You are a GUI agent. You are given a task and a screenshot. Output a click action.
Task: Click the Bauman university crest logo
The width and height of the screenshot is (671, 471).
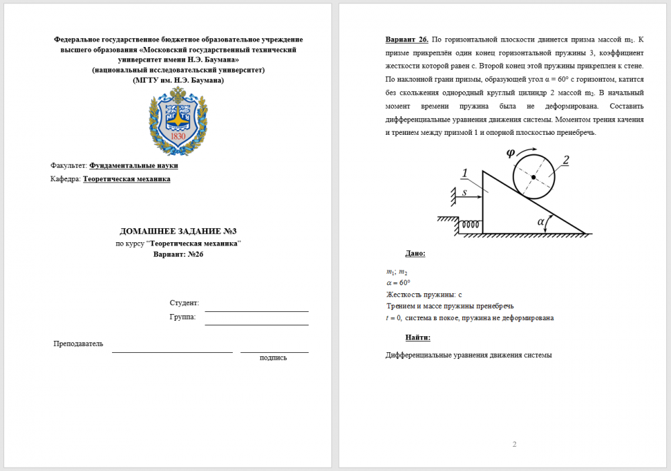[178, 120]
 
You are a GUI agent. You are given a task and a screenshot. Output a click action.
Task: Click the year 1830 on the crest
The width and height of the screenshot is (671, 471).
[178, 137]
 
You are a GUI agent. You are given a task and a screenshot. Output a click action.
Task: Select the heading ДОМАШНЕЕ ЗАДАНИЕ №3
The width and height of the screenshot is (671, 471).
[178, 231]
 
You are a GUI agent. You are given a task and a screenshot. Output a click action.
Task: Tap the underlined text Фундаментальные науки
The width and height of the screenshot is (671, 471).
[134, 165]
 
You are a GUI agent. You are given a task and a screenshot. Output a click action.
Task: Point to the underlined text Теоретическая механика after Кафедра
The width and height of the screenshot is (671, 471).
[126, 179]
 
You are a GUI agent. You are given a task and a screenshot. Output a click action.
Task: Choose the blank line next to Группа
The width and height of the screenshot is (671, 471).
[256, 321]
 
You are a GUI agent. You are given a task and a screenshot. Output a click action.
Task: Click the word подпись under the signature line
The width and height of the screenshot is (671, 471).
[273, 358]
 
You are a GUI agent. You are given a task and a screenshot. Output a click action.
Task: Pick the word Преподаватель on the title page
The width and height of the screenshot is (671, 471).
[79, 344]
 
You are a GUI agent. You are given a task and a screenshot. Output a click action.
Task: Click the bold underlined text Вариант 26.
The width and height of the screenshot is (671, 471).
[407, 40]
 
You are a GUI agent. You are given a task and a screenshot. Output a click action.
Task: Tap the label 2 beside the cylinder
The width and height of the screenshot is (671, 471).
[566, 160]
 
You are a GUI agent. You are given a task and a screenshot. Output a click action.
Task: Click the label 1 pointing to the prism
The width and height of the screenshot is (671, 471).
[464, 174]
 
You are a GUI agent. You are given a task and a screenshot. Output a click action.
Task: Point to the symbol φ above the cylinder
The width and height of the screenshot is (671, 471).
[511, 152]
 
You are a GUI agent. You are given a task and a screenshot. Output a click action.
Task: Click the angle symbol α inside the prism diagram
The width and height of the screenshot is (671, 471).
[541, 221]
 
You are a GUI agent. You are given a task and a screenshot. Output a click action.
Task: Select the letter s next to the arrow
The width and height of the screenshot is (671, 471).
[464, 193]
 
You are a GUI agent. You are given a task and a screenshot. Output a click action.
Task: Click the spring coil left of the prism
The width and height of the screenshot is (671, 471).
[471, 226]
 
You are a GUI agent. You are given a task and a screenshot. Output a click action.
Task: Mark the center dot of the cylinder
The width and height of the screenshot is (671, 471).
[533, 177]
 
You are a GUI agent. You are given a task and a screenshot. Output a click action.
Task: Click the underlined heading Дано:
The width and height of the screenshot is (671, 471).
[415, 254]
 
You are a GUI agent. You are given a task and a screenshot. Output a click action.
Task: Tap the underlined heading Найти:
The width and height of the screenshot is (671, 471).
[417, 337]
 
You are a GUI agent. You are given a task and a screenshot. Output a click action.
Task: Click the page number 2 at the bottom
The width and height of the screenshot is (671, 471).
[515, 444]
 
